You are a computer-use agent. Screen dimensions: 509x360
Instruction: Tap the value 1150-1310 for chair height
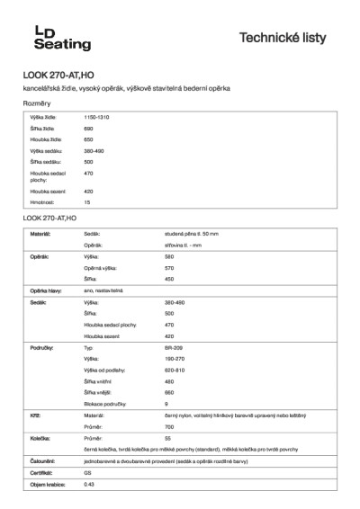point(96,118)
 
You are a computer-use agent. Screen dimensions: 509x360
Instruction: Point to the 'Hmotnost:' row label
point(42,203)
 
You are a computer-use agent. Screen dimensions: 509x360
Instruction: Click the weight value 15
point(87,203)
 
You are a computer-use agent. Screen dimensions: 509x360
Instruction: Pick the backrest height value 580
point(169,256)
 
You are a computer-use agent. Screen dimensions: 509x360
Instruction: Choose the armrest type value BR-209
point(174,347)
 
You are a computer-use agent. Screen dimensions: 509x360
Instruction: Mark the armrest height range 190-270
point(175,358)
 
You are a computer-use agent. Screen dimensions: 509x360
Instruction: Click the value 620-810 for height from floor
point(175,370)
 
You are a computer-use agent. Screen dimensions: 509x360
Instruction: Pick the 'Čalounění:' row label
point(42,460)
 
